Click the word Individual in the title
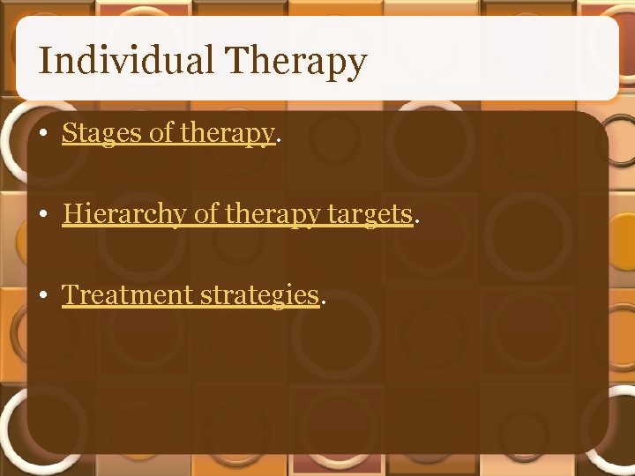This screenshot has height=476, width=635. tap(126, 62)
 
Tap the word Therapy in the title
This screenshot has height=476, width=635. tap(295, 62)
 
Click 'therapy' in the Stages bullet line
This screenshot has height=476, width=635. tap(227, 134)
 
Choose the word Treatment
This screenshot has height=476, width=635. tap(128, 294)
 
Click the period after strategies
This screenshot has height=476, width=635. tap(323, 301)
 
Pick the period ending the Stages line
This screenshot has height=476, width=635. tap(279, 141)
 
